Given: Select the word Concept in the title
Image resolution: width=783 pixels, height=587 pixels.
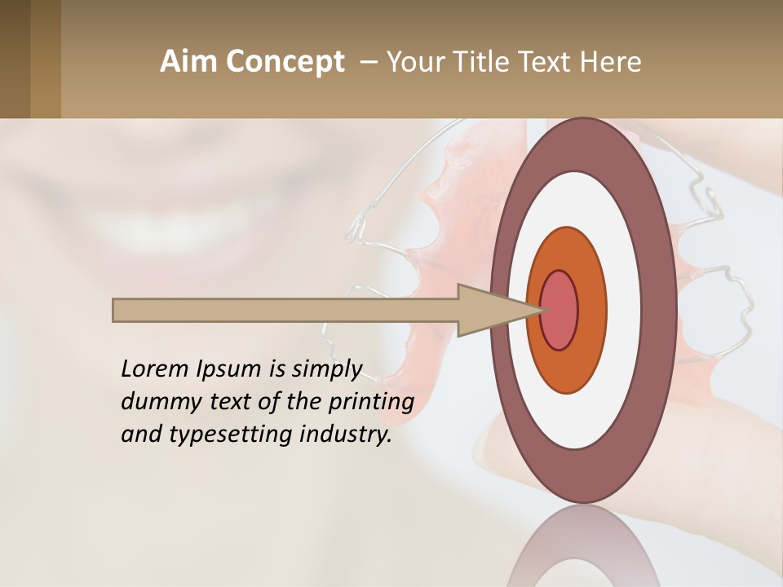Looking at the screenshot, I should pos(285,63).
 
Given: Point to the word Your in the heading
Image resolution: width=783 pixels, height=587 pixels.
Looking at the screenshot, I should pos(414,62).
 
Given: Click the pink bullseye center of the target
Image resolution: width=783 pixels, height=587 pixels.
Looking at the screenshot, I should pos(559,310).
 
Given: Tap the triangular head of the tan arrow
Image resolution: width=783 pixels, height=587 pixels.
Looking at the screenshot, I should pos(489,310).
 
